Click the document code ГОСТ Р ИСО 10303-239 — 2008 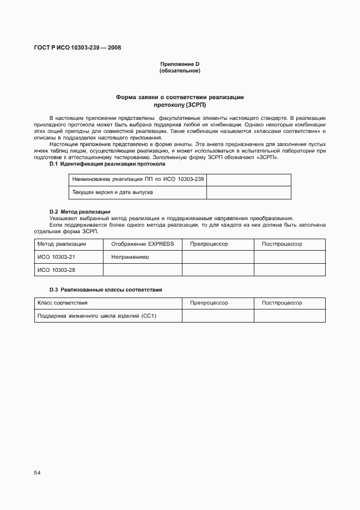click(77, 47)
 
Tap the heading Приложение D click(180, 64)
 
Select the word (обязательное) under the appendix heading click(180, 71)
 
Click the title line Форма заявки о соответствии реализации click(180, 97)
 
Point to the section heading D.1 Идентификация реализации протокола click(107, 163)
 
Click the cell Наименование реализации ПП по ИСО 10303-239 click(138, 179)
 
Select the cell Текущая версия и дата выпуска click(138, 192)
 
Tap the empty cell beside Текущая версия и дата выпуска click(248, 192)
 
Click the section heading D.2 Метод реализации click(80, 211)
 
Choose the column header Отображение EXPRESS click(142, 244)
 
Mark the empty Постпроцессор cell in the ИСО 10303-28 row click(290, 270)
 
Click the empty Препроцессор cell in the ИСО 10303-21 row click(218, 257)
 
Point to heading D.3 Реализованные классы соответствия click(106, 289)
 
